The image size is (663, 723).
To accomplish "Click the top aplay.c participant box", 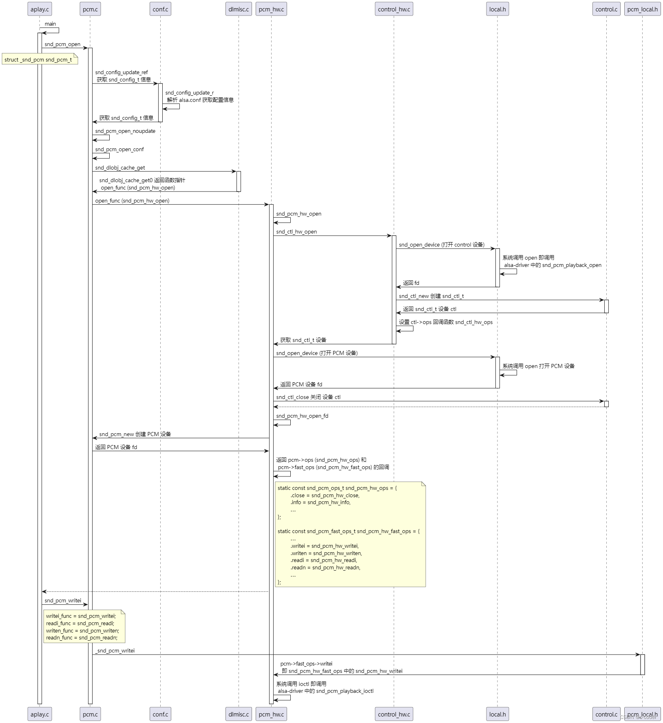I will point(40,9).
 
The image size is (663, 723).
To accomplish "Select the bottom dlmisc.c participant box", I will point(239,714).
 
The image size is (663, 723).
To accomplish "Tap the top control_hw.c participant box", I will point(394,9).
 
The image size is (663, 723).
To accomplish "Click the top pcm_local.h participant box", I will point(642,9).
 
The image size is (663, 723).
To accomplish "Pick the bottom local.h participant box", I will point(497,714).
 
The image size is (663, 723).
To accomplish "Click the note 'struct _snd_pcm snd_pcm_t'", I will point(38,60).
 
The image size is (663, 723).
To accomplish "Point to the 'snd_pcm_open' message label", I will point(62,44).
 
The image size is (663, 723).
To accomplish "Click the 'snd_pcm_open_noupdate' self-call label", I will point(125,131).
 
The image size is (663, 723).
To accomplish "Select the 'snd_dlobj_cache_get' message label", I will point(120,168).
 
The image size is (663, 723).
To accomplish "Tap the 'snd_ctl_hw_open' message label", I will point(296,232).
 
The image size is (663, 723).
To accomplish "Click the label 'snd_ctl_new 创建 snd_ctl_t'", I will point(431,296).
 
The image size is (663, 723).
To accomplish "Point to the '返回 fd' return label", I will point(411,283).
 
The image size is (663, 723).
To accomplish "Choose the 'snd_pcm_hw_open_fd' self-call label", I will point(302,416).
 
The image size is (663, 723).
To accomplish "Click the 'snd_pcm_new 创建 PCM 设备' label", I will point(135,434).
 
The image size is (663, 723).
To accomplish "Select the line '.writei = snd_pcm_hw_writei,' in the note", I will point(325,546).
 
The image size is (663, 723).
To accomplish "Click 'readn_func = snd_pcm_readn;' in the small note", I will point(82,638).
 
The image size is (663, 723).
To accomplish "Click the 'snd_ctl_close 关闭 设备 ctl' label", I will point(308,397).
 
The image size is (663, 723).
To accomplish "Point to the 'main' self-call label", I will point(50,24).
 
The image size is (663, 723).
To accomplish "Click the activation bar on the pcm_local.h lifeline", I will point(642,665).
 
